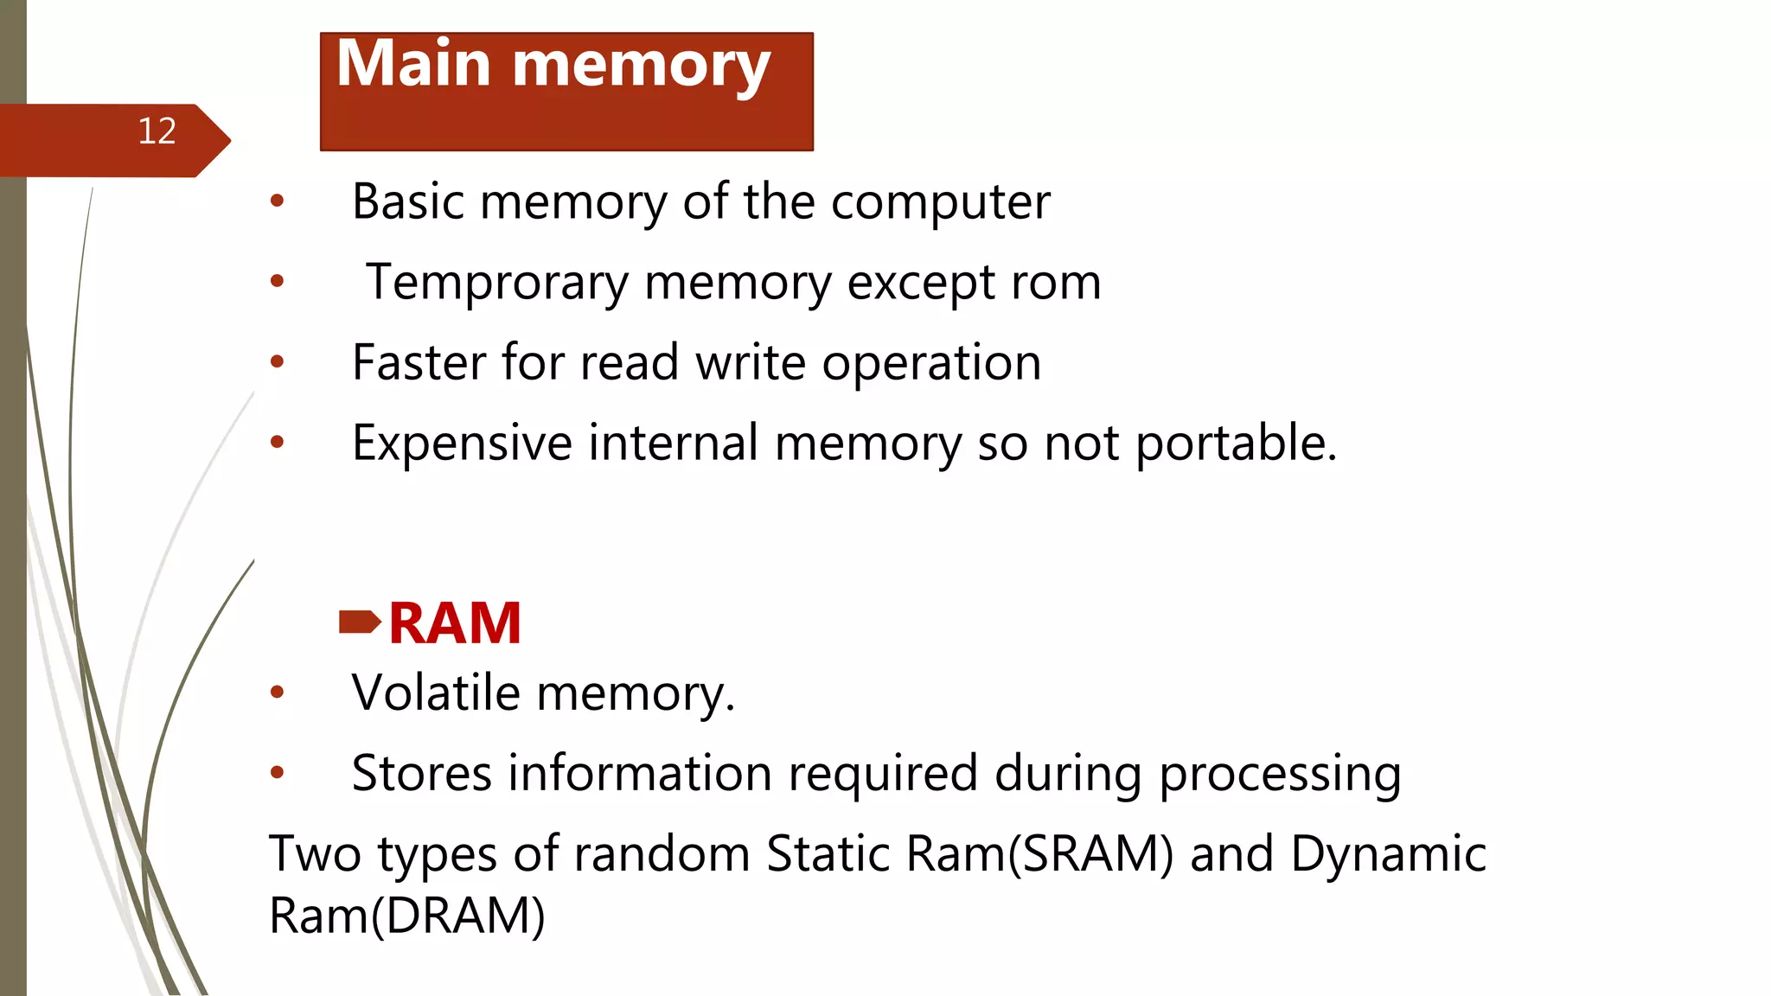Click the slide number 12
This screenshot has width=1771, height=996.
point(157,131)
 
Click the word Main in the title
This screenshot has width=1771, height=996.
point(414,64)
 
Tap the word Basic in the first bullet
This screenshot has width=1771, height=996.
point(407,201)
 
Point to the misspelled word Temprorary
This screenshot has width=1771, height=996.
point(497,283)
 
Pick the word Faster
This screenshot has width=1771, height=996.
point(419,362)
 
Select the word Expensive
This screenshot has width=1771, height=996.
point(462,444)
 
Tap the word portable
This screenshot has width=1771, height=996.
point(1236,444)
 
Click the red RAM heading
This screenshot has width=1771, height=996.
point(455,623)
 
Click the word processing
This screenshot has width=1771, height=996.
point(1280,775)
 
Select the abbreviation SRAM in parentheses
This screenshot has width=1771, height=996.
point(1090,854)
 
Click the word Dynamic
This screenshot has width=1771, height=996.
point(1388,855)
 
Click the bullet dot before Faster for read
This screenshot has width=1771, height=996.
point(277,361)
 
